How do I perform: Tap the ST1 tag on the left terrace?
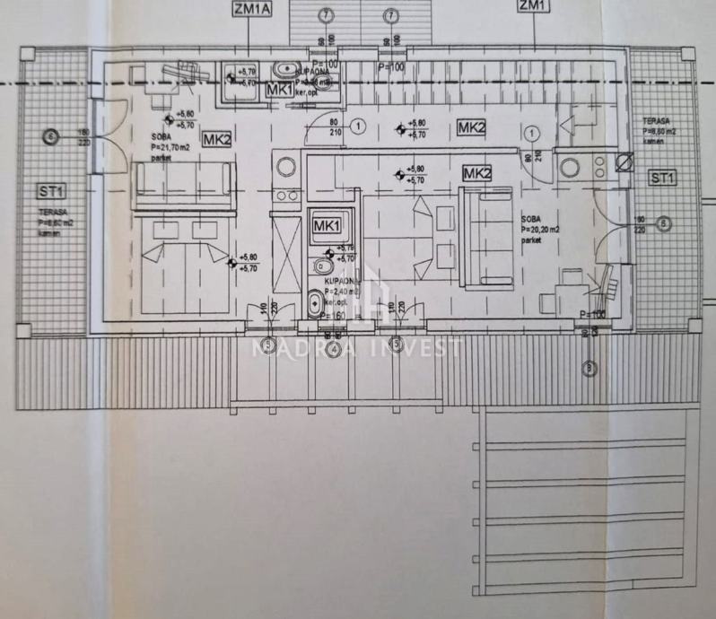click(50, 189)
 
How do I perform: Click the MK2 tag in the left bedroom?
click(217, 139)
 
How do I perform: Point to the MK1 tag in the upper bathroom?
click(279, 90)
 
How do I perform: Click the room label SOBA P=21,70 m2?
click(167, 143)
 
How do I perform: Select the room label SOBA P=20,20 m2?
click(542, 229)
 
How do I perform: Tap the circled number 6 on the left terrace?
click(50, 136)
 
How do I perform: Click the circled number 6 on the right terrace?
click(663, 224)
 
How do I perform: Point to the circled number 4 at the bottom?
click(333, 350)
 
